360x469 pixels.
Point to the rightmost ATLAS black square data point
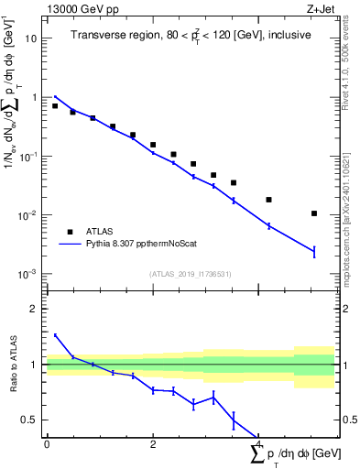point(314,213)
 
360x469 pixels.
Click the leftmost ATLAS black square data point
point(55,106)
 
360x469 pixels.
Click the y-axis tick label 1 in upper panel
point(33,97)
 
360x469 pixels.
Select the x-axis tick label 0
point(47,443)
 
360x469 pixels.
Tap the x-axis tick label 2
point(153,443)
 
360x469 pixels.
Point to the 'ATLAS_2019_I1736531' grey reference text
point(191,274)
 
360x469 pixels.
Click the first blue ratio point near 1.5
point(55,335)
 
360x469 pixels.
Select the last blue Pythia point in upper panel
point(314,251)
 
